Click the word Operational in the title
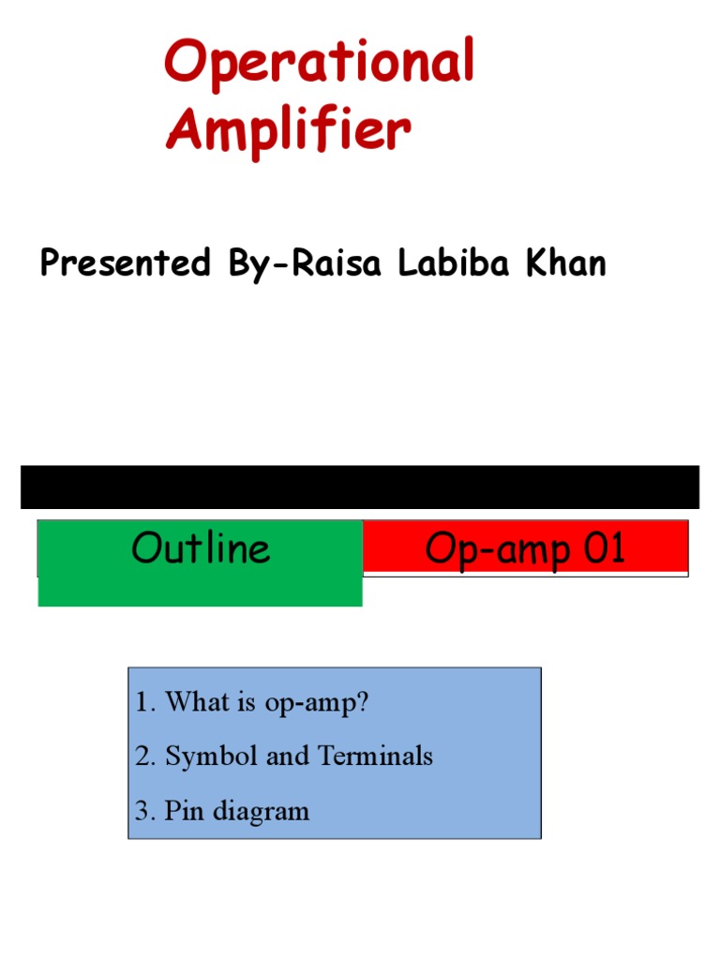(319, 64)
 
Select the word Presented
(126, 263)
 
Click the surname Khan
(563, 263)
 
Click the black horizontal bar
(360, 487)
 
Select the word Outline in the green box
(201, 548)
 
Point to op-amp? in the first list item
(317, 704)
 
